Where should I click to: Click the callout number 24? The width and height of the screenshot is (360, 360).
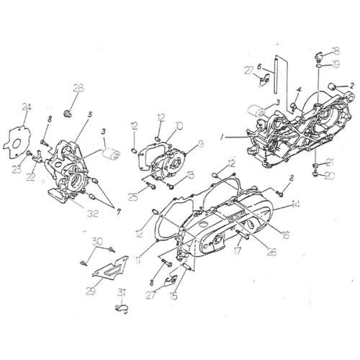click(x=27, y=107)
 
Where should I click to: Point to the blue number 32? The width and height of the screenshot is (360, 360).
click(x=94, y=213)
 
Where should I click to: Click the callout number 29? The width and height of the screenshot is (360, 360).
click(x=89, y=290)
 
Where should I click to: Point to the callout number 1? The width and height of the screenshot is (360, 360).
click(x=223, y=135)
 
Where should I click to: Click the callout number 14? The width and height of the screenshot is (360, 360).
click(x=295, y=204)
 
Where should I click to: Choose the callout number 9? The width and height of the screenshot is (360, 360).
click(x=201, y=144)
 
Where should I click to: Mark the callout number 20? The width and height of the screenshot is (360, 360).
click(x=330, y=175)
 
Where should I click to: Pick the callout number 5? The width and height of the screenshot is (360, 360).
click(x=90, y=114)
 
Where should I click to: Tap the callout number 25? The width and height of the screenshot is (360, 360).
click(x=134, y=197)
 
